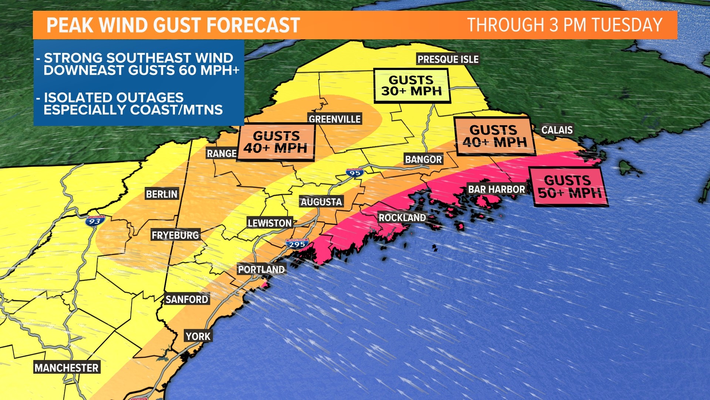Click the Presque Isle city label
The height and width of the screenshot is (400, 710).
(448, 59)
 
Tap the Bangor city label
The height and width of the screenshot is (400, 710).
(423, 160)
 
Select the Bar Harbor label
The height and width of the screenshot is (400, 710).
(496, 190)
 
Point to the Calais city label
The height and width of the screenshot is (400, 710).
(557, 130)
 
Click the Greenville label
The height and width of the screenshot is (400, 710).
(334, 119)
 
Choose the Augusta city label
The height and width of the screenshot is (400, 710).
(321, 202)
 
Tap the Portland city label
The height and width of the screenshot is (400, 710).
(261, 270)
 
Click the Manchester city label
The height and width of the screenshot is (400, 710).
(67, 368)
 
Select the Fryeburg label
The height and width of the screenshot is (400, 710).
(175, 235)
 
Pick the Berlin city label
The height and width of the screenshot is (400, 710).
(162, 194)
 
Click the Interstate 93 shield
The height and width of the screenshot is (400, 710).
(95, 221)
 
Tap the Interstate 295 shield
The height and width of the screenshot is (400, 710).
(297, 244)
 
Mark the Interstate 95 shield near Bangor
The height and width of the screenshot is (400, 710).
(355, 173)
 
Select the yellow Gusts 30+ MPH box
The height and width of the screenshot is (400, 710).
(412, 86)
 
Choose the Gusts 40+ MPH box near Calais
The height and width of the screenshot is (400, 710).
(494, 136)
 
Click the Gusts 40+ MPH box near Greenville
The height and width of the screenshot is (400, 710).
(275, 142)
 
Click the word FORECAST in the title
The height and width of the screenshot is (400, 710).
(253, 25)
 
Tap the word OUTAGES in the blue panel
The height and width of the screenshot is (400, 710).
(151, 98)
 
